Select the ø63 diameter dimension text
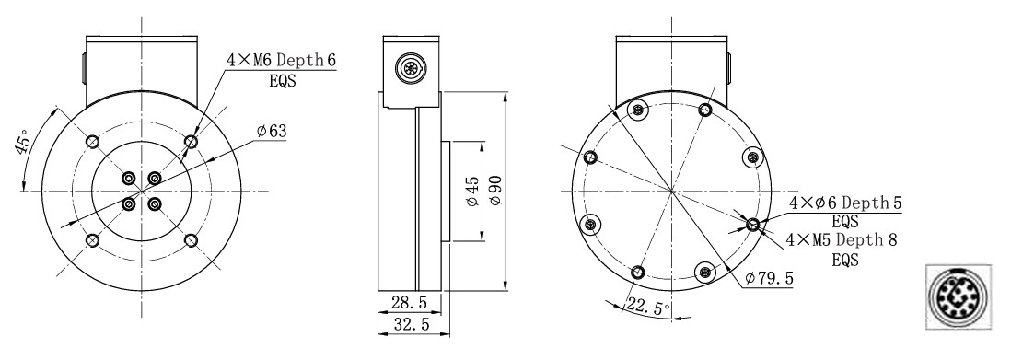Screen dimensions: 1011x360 (272, 131)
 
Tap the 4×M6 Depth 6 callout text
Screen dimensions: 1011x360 (281, 61)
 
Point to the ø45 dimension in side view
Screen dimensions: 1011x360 (473, 191)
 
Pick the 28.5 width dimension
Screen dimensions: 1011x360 (410, 303)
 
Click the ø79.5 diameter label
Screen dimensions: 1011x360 (769, 279)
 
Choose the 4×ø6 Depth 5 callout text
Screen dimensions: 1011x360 (845, 203)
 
